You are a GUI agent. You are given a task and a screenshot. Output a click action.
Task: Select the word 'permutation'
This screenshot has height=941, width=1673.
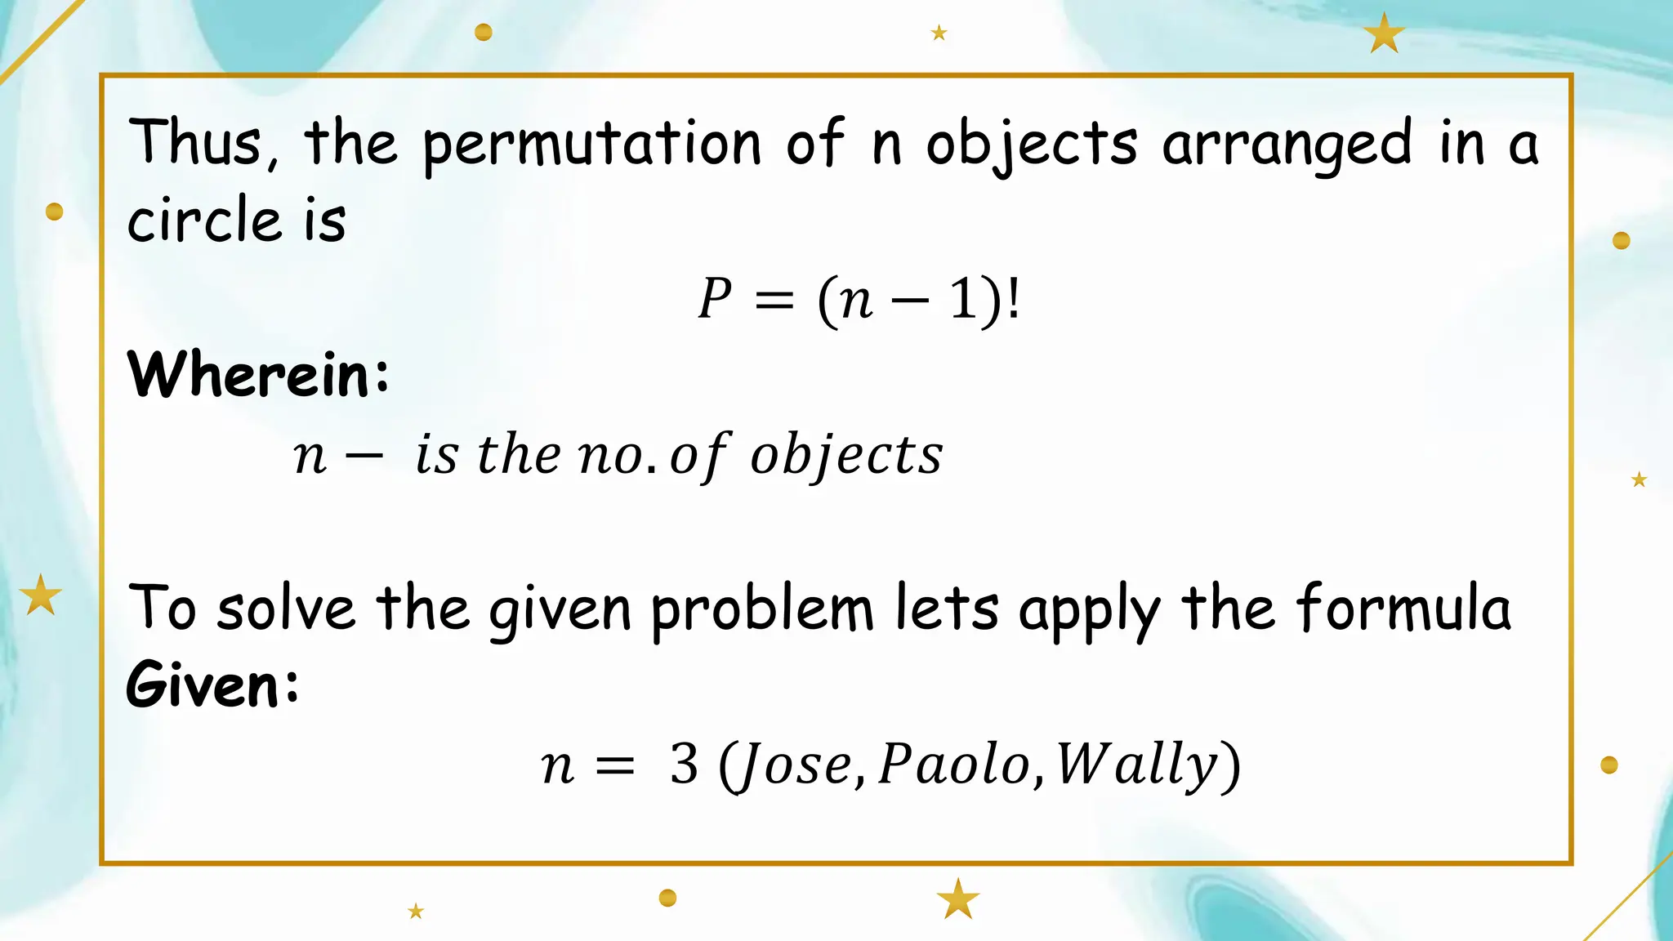point(591,145)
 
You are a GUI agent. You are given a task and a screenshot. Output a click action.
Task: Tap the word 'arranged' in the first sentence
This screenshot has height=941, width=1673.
point(1286,145)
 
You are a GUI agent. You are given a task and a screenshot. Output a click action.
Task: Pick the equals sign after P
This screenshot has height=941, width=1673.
point(774,301)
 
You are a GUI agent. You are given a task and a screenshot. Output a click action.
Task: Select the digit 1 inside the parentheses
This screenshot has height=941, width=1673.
point(963,299)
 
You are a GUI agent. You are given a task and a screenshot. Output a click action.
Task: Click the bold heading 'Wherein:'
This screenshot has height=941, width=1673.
point(258,374)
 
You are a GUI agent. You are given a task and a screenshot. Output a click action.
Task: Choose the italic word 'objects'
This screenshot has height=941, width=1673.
point(846,455)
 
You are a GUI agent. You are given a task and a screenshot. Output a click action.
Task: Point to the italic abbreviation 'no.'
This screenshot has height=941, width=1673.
point(617,455)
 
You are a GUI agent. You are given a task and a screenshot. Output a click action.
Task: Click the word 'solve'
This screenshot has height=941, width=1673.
point(286,609)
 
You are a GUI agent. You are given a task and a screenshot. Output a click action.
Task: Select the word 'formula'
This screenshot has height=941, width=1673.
point(1403,609)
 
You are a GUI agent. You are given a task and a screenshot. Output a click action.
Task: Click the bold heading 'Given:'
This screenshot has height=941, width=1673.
point(212,685)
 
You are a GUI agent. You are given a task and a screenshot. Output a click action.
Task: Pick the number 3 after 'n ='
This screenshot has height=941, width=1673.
point(684,765)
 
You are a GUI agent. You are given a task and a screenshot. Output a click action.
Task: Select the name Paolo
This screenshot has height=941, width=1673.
point(954,765)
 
